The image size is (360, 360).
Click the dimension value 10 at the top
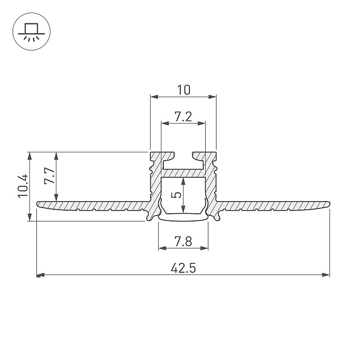pos(184,90)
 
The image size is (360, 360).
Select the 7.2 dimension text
pos(183,117)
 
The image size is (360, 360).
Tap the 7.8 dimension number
pos(183,241)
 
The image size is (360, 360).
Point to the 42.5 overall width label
pos(183,268)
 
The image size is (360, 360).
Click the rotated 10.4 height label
pos(23,185)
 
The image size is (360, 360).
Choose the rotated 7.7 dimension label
pos(49,175)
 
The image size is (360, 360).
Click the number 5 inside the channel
pos(176,195)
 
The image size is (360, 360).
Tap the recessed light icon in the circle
pos(31,32)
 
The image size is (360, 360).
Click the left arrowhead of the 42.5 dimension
pos(40,275)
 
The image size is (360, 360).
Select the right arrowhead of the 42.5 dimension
pos(326,275)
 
